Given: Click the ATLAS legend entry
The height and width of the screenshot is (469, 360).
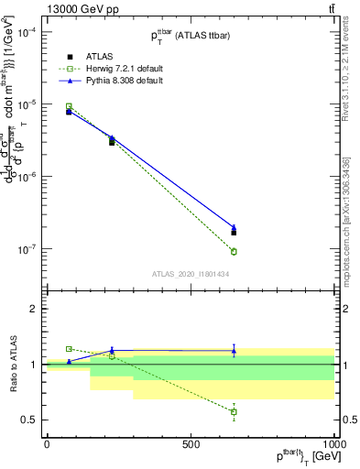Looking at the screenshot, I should coord(85,56).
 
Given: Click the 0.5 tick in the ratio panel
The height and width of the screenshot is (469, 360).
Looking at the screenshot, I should coord(30,420).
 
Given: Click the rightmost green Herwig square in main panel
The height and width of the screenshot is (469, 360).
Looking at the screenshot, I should coord(234,252).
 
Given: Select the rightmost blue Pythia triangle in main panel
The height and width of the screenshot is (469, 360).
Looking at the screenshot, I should coord(234,227).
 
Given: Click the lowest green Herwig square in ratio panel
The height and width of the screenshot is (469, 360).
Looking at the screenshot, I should coord(234,412).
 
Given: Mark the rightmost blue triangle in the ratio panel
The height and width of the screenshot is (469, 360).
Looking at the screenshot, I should coord(234,350).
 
